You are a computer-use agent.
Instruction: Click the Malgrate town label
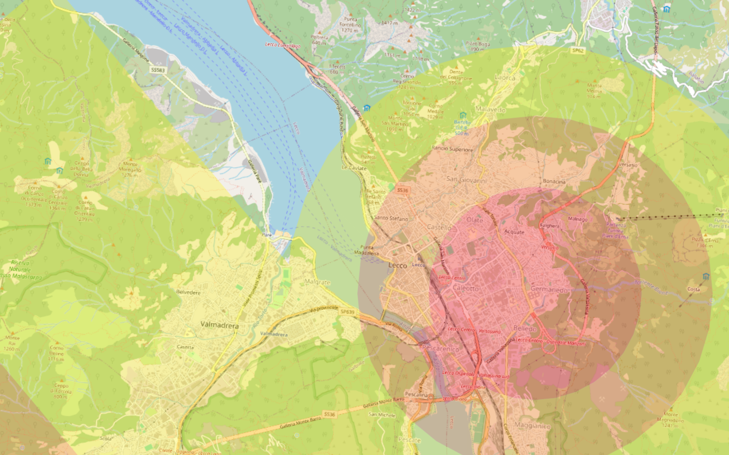click(x=317, y=282)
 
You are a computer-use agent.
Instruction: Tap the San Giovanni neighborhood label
click(x=466, y=180)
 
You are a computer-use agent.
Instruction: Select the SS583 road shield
click(x=158, y=70)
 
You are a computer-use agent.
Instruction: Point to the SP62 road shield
click(x=578, y=51)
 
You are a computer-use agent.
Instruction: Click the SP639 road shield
click(x=347, y=312)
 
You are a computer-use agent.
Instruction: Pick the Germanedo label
click(x=549, y=289)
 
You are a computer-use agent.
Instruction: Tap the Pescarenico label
click(x=440, y=348)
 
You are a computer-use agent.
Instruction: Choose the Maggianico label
click(x=532, y=426)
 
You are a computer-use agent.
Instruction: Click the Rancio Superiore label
click(x=452, y=149)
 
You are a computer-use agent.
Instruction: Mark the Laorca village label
click(x=505, y=78)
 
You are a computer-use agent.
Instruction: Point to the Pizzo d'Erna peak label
click(x=705, y=243)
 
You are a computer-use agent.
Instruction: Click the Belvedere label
click(x=188, y=292)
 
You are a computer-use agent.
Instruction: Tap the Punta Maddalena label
click(x=366, y=250)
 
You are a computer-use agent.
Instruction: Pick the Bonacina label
click(x=554, y=181)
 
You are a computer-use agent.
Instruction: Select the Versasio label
click(x=628, y=165)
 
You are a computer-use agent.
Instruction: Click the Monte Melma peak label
click(x=594, y=91)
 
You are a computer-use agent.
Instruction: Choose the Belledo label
click(x=525, y=328)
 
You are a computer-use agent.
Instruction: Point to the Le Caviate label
click(x=354, y=168)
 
